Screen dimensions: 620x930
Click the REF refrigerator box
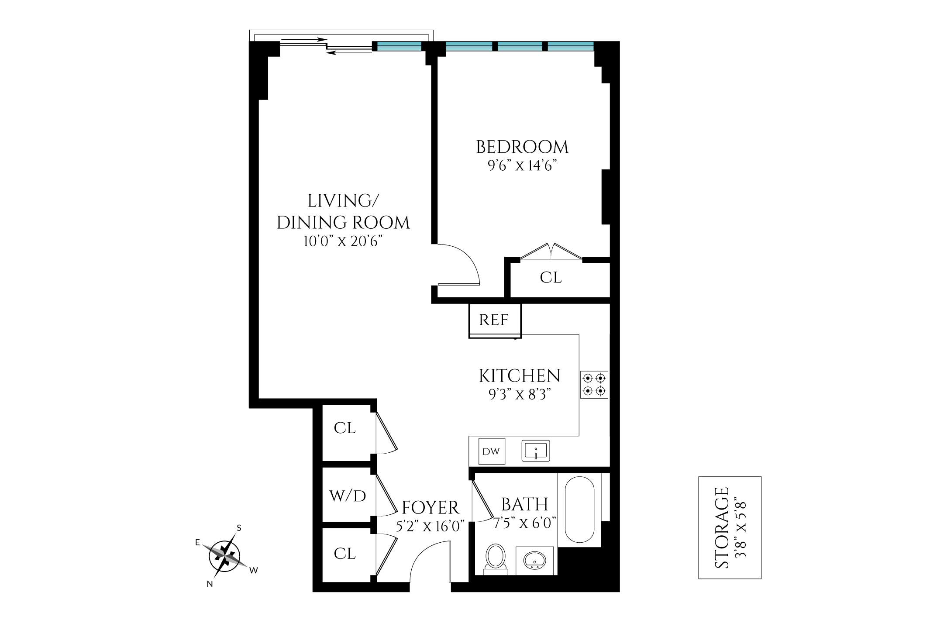pos(495,320)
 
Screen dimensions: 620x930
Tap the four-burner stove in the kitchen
pos(594,384)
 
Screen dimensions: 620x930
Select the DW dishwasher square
pos(491,451)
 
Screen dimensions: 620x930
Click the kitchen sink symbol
pos(536,451)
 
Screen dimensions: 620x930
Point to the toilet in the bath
pos(496,558)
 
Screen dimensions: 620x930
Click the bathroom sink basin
pos(534,560)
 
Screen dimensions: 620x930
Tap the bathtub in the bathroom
pos(579,509)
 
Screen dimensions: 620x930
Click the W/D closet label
pos(348,496)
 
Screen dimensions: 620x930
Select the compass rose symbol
pos(225,557)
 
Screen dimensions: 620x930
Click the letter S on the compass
pos(239,528)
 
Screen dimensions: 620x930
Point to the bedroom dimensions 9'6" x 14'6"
pos(522,166)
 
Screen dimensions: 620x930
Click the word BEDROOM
pos(522,147)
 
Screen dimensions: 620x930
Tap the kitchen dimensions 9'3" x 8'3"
pos(519,395)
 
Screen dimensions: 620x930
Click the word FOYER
pos(431,508)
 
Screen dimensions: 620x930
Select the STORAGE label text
pos(722,527)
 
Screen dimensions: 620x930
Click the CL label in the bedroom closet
pos(551,278)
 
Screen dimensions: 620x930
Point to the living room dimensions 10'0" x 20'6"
pos(343,241)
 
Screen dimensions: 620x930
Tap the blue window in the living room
pos(399,46)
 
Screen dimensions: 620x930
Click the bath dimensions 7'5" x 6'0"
pos(524,523)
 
